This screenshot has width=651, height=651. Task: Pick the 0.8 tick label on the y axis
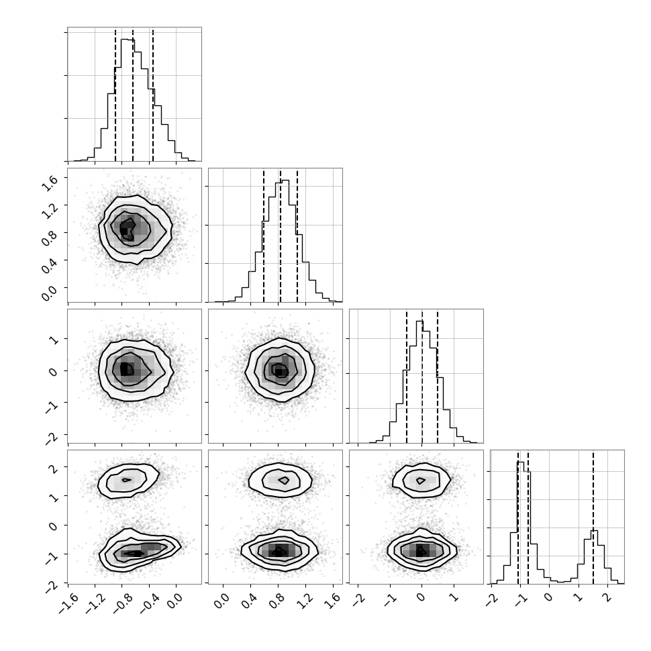click(x=50, y=238)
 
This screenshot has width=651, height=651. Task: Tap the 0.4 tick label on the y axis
click(x=50, y=265)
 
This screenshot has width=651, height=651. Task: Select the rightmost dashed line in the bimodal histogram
click(x=593, y=517)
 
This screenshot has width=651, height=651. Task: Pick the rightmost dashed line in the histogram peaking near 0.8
click(x=297, y=235)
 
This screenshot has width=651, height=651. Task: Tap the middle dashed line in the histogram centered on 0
click(x=422, y=376)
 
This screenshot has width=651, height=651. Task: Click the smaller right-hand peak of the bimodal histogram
click(x=594, y=531)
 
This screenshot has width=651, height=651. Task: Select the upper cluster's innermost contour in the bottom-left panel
click(x=127, y=480)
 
